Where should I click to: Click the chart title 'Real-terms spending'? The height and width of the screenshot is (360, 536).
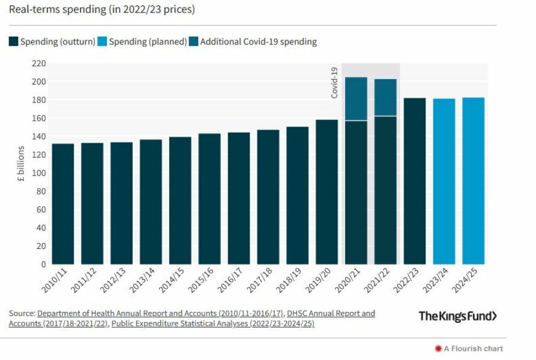point(101,10)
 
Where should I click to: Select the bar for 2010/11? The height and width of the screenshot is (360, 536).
point(63,204)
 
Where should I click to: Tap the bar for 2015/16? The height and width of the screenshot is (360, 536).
point(209,199)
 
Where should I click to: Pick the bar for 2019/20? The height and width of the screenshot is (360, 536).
point(327,192)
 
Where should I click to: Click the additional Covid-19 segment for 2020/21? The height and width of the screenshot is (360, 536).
point(356,99)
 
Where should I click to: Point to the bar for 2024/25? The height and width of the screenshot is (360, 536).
point(473,181)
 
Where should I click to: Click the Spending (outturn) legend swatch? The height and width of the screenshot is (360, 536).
point(13,41)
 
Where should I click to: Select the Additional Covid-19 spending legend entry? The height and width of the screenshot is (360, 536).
point(252,41)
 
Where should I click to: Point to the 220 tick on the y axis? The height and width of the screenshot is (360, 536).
point(38,63)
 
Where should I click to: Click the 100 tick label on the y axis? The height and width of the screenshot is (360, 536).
point(38,173)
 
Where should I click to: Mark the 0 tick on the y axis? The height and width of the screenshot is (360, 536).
point(43,264)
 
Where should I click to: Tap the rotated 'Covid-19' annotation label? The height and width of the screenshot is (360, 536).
point(334,83)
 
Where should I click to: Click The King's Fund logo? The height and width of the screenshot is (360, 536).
point(457,316)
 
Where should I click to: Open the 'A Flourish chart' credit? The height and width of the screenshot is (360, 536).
point(472,348)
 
